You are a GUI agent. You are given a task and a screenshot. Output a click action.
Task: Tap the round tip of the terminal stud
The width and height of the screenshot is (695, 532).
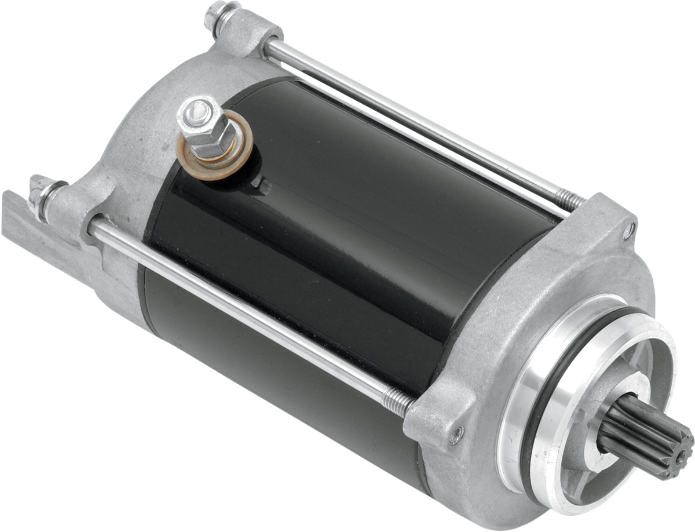coord(197,107)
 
